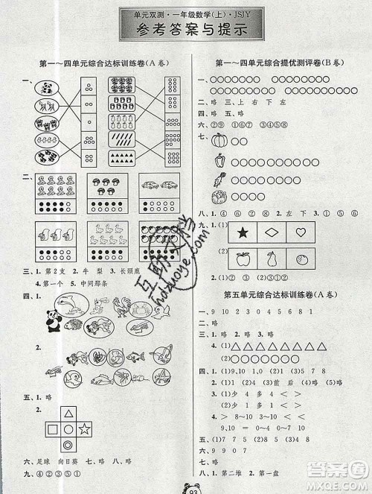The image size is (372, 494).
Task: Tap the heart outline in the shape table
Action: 301,232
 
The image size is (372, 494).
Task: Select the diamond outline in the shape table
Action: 270,234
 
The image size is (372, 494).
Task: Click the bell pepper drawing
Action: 221,160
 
